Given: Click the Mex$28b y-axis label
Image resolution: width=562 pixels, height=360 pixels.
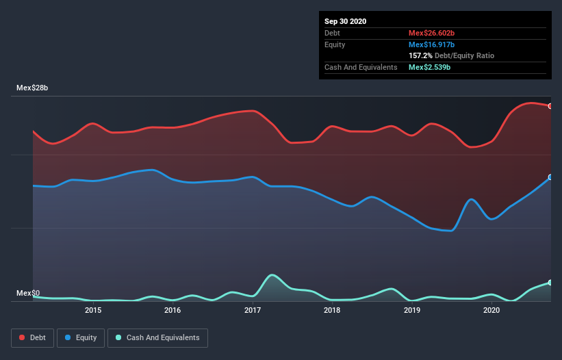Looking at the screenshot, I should point(32,88).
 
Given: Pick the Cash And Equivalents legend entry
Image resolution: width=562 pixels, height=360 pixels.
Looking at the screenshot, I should point(157,337).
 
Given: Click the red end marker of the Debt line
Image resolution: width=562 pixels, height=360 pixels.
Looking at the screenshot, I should point(550,106).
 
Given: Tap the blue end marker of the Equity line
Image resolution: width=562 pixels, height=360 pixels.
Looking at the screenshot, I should point(550,177).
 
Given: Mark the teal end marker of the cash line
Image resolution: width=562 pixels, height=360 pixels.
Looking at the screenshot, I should point(550,283).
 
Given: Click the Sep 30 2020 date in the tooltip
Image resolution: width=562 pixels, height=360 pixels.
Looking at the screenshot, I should point(345,21).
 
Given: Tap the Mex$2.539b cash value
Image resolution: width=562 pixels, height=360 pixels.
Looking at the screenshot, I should point(429,67).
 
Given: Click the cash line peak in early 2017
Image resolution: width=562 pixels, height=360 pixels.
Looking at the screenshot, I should point(272,274).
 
